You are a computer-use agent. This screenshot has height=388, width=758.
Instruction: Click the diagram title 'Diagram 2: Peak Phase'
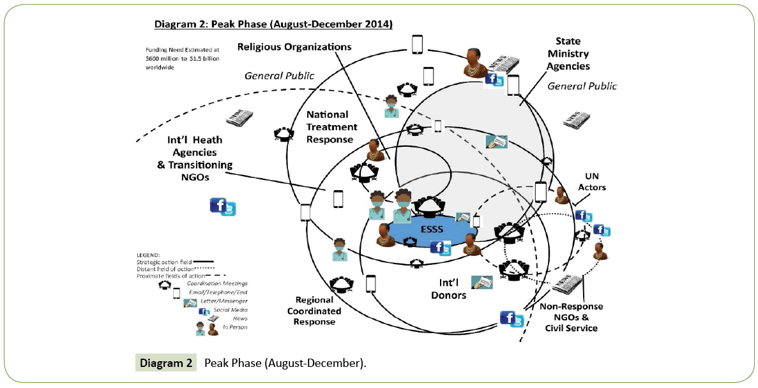pos(273,24)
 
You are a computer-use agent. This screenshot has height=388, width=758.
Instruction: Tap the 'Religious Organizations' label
pos(294,47)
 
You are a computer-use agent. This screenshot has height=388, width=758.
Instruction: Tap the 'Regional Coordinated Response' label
pos(314,311)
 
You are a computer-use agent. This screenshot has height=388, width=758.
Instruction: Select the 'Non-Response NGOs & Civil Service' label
pos(572,317)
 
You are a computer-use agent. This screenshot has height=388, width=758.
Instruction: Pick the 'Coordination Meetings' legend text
pos(221,283)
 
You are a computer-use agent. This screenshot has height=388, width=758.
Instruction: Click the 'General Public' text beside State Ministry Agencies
pos(582,86)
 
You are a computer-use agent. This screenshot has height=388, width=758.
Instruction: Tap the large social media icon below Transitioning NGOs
pos(223,207)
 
